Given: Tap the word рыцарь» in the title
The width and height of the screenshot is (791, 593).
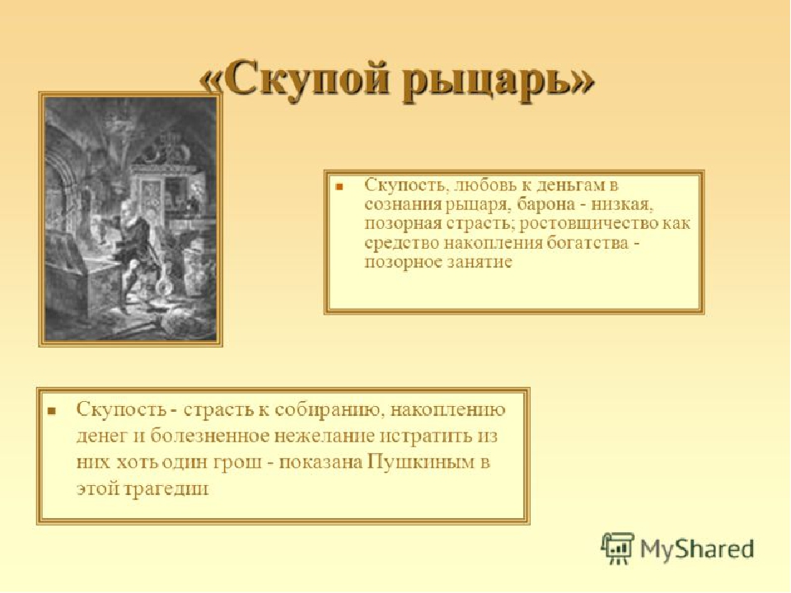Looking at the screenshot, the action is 499,81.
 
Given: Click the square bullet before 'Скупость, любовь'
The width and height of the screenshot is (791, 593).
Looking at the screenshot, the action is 339,187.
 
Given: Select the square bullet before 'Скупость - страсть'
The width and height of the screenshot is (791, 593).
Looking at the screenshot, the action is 51,411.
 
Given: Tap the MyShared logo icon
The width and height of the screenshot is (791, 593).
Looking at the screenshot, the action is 617,549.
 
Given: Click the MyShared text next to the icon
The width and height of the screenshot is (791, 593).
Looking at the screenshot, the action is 697,549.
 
